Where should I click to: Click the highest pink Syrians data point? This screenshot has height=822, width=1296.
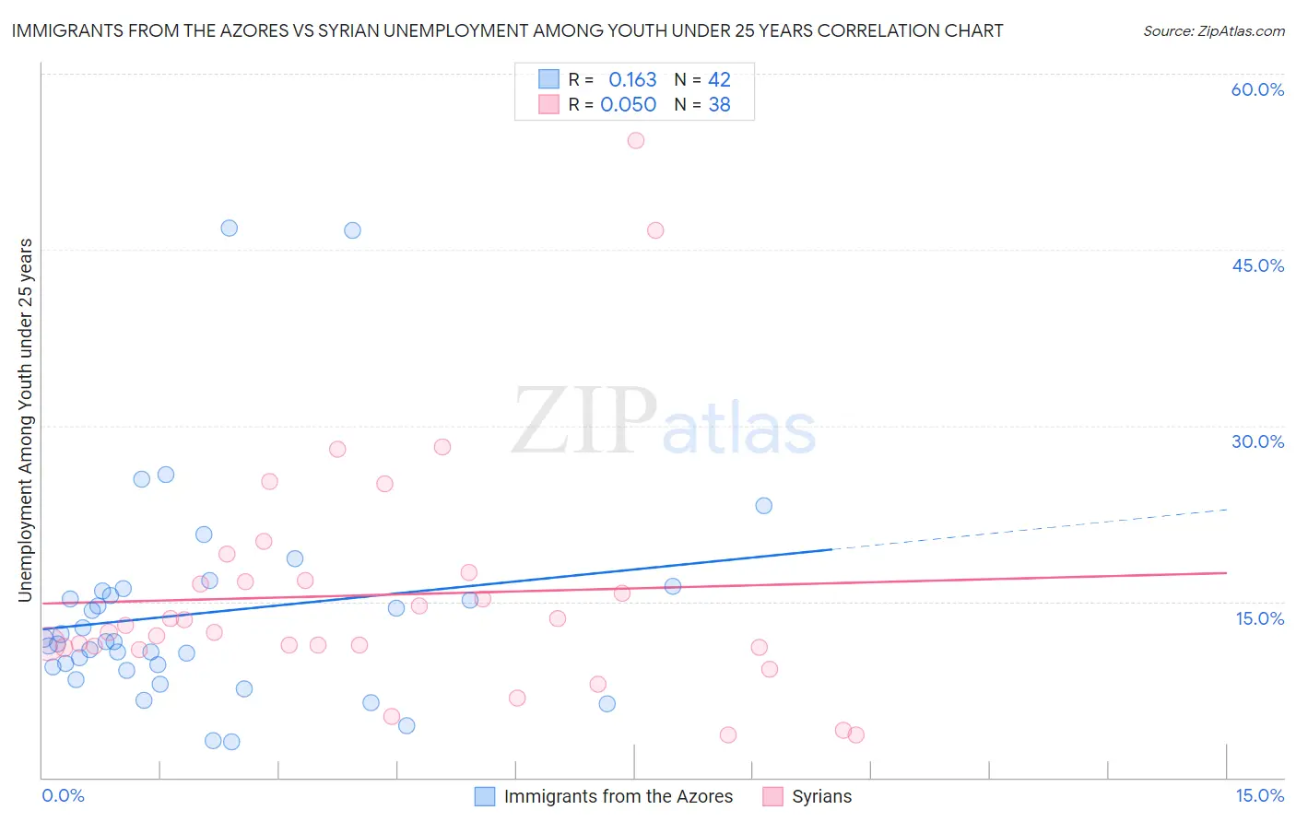click(x=635, y=141)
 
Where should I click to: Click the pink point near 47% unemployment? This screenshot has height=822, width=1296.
click(x=655, y=230)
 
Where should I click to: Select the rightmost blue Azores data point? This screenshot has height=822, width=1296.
click(x=763, y=506)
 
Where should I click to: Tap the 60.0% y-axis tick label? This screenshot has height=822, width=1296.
click(x=1257, y=90)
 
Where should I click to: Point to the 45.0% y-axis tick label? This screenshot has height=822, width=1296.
click(x=1257, y=265)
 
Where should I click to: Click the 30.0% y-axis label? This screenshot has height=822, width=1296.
click(x=1257, y=441)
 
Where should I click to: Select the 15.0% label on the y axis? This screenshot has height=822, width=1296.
click(x=1259, y=618)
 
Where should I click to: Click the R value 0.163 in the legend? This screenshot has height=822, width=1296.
click(x=632, y=80)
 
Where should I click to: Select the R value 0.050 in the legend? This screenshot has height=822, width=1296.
click(x=629, y=105)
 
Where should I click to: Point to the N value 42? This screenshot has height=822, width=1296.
click(x=719, y=80)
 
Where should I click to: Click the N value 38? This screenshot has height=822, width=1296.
click(x=719, y=105)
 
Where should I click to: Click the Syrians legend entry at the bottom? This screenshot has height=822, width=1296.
click(x=821, y=797)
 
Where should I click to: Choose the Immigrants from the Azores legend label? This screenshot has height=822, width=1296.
click(x=618, y=797)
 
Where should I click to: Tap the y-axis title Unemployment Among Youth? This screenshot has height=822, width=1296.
click(x=26, y=420)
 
